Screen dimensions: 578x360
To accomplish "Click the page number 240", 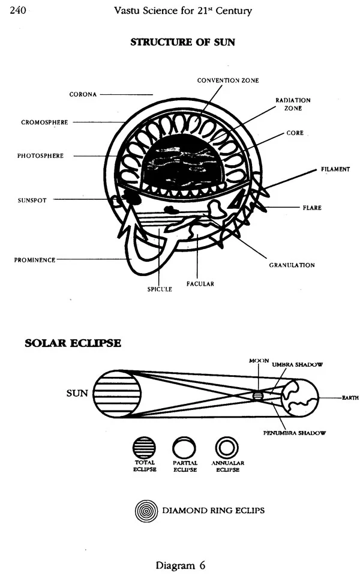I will coord(17,10).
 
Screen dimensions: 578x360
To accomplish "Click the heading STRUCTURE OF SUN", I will coord(182,43).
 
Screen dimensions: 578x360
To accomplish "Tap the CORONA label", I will coord(83,94).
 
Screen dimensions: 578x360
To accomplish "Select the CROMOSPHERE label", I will coord(45,122).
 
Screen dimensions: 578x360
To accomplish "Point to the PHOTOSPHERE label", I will coord(40,156).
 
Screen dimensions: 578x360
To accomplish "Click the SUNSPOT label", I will coord(32,199).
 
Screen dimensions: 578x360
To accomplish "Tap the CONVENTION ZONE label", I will coord(228,80).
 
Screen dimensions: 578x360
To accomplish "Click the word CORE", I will coord(295,133).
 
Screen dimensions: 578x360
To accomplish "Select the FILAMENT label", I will coord(335,169).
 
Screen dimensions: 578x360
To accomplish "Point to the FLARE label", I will coord(312,208).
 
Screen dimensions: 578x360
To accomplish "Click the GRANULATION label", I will coord(292,264).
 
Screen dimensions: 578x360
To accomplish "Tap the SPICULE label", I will coord(160,289).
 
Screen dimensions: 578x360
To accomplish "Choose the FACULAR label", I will coord(200,283).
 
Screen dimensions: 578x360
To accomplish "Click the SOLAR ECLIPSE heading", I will coord(73,343).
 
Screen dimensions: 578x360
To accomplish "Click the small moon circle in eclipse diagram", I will coord(258,396).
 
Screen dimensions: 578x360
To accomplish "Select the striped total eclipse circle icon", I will coord(144,447).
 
